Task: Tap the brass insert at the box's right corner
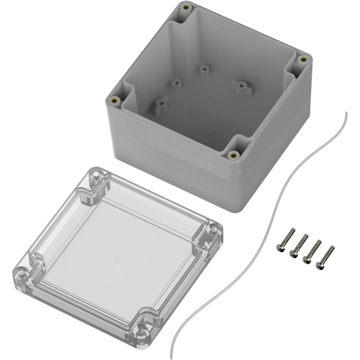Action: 304,58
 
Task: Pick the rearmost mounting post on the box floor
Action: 204,71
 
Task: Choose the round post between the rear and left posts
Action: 175,83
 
